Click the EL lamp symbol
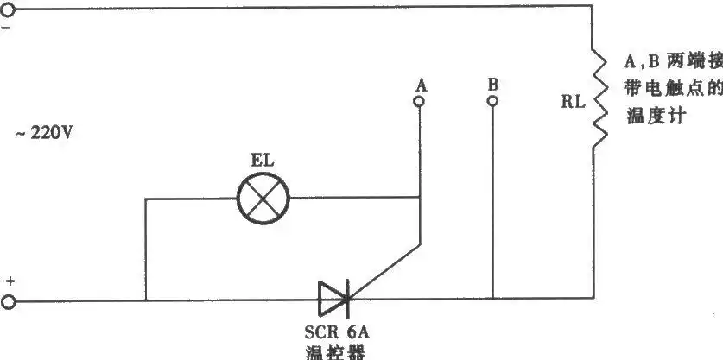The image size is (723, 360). [263, 199]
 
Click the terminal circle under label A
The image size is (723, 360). [419, 101]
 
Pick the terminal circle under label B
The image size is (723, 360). [492, 101]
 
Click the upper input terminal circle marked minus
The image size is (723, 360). [8, 9]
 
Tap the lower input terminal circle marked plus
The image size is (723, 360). [8, 302]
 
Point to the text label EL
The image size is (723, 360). [263, 160]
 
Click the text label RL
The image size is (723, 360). [573, 102]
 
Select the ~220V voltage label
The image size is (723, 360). [44, 133]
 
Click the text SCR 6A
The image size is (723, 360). [337, 332]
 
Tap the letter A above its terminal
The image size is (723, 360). [421, 85]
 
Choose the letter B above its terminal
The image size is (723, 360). [493, 85]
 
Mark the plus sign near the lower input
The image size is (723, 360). [10, 281]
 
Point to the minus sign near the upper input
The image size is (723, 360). [6, 28]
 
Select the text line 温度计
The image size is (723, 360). [653, 117]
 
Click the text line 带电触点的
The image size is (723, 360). [674, 89]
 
